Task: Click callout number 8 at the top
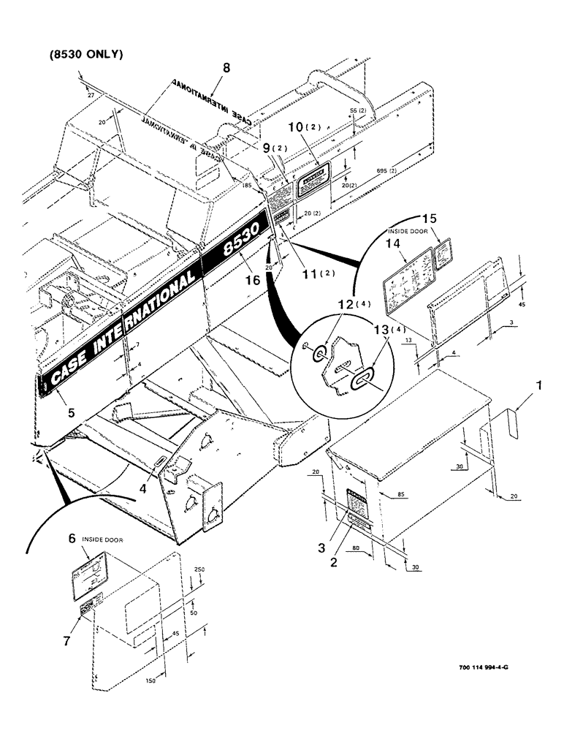click(226, 68)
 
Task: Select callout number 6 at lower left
click(72, 537)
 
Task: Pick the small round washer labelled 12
click(318, 355)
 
